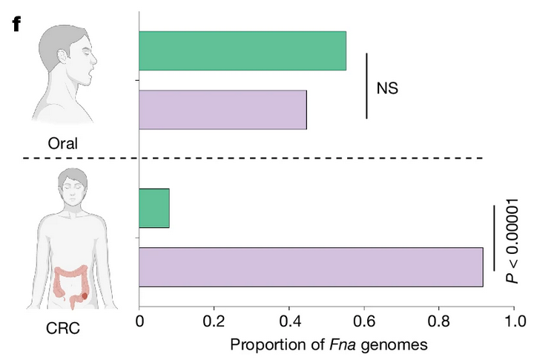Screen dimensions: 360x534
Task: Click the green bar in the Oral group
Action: tap(243, 51)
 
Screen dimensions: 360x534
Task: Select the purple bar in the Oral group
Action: tap(222, 109)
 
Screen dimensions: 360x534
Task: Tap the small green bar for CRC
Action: tap(154, 209)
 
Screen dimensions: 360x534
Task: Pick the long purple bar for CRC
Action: tap(311, 267)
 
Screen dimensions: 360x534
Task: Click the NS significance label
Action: tap(387, 88)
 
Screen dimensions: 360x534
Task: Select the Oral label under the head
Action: tap(62, 142)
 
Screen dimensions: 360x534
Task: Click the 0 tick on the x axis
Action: tap(140, 322)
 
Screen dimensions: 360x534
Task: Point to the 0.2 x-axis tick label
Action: tap(214, 322)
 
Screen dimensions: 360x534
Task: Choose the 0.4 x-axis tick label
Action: tap(289, 322)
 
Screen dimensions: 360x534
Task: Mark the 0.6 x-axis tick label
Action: tap(364, 322)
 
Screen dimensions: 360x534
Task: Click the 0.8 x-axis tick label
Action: tap(439, 322)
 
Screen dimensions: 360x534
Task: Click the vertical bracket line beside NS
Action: tap(366, 85)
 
